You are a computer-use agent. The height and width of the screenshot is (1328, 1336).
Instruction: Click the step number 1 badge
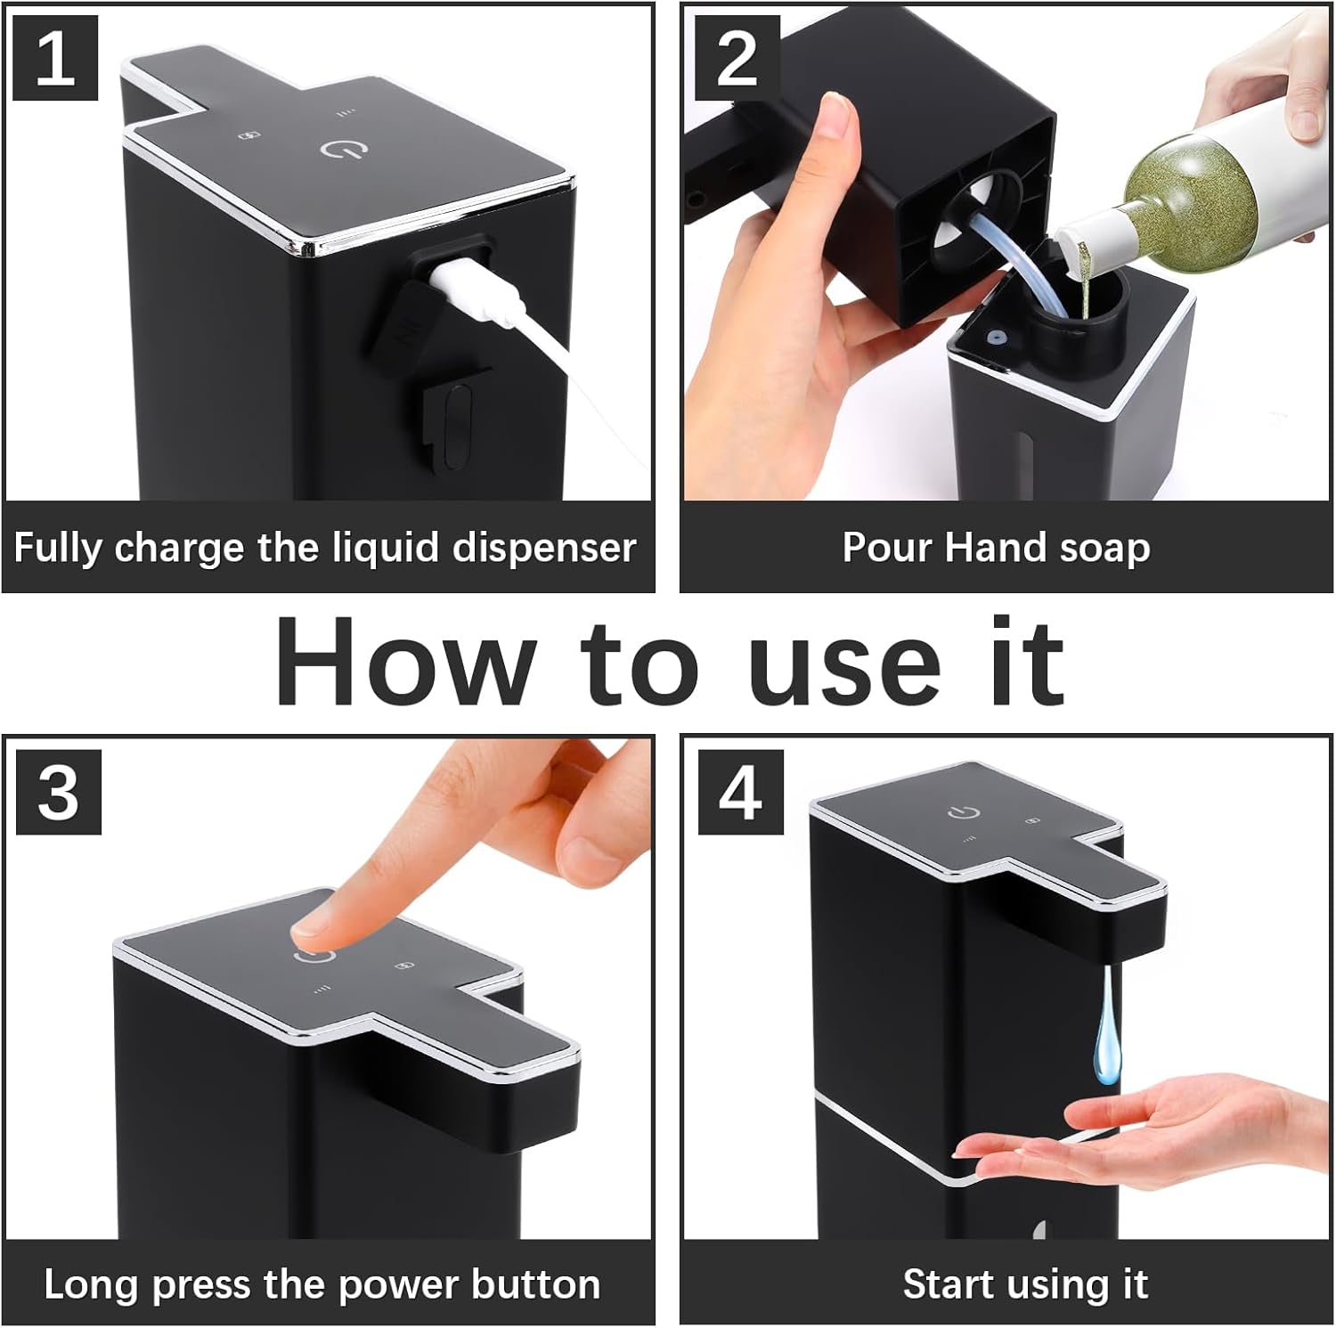point(55,59)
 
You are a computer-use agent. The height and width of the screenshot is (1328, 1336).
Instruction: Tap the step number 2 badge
point(737,59)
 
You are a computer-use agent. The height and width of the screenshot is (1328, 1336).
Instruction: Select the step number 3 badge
point(59,792)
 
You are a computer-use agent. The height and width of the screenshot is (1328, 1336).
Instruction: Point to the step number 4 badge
point(740,792)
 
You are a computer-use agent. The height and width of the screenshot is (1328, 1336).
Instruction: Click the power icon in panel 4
point(964,812)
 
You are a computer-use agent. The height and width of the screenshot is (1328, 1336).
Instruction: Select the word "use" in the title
point(844,674)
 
